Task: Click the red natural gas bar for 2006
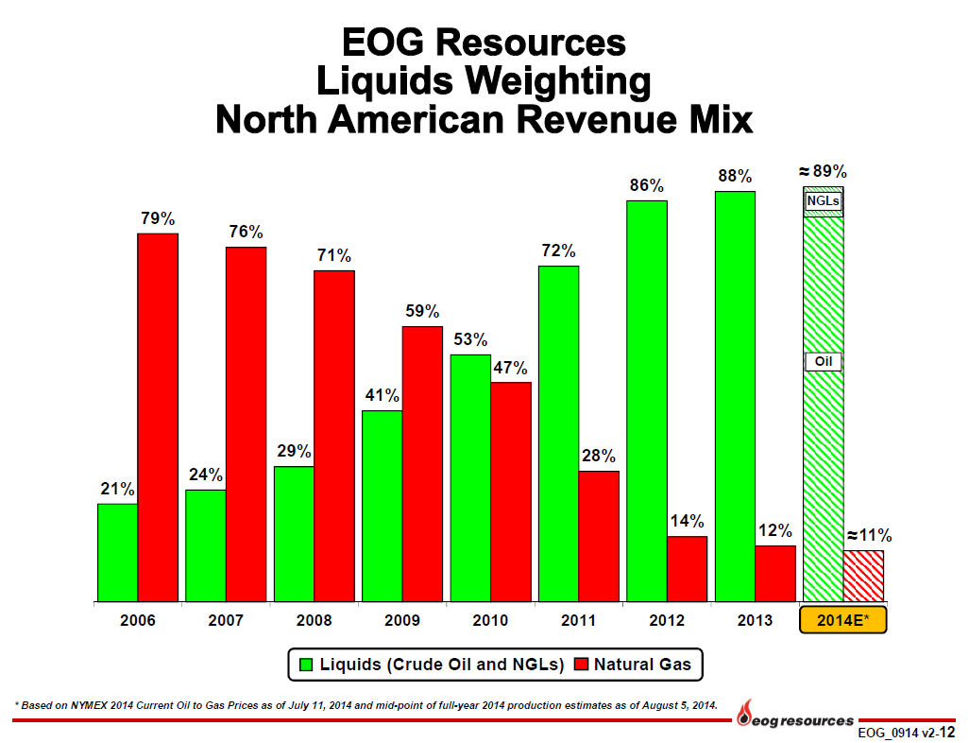click(x=158, y=418)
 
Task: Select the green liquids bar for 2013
click(x=735, y=397)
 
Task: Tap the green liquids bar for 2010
click(x=470, y=478)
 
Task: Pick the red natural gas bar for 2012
click(x=688, y=569)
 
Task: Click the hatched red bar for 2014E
click(x=863, y=576)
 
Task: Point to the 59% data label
click(x=423, y=311)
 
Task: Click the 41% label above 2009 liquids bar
click(x=382, y=395)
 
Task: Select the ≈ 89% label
click(x=823, y=171)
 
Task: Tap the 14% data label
click(x=688, y=521)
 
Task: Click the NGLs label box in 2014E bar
click(x=824, y=201)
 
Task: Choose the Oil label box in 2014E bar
click(x=824, y=361)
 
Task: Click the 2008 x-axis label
click(x=314, y=620)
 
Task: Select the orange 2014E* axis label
click(x=843, y=620)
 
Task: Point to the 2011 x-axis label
click(x=578, y=620)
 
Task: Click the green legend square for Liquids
click(x=306, y=665)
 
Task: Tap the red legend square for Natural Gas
click(x=581, y=665)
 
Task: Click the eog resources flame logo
click(x=746, y=712)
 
